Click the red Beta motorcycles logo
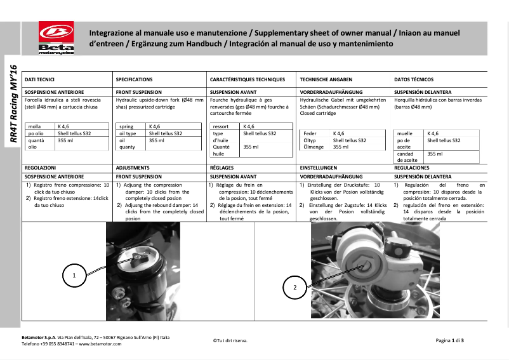(x=56, y=38)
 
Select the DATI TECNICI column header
(x=39, y=80)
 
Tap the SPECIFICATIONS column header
(x=134, y=80)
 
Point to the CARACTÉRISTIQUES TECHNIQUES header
(x=248, y=80)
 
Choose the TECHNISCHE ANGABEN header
(x=326, y=80)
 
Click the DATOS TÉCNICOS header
(x=414, y=80)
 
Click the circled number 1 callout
(x=75, y=276)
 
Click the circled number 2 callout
(x=294, y=288)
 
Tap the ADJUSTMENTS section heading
(x=133, y=168)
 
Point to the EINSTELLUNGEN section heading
(x=322, y=168)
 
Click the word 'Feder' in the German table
(x=310, y=134)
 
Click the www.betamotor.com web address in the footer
(x=101, y=343)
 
